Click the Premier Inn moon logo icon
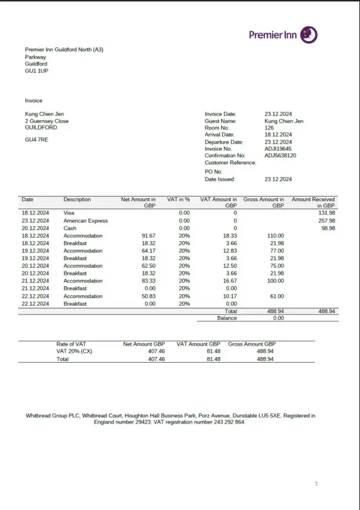[x=308, y=35]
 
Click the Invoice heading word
[x=34, y=100]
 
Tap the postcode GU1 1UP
[x=37, y=71]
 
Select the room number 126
[x=269, y=128]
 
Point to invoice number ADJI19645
[x=278, y=149]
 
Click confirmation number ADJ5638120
[x=280, y=156]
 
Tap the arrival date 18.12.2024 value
[x=278, y=135]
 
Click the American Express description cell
[x=85, y=221]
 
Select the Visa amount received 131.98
[x=326, y=213]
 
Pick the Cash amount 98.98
[x=328, y=228]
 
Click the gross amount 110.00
[x=275, y=236]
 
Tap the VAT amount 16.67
[x=230, y=281]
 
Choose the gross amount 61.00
[x=277, y=296]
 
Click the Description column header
[x=77, y=199]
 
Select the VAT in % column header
[x=178, y=199]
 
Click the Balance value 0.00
[x=278, y=318]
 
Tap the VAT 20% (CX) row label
[x=74, y=351]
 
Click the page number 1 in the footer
[x=316, y=483]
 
